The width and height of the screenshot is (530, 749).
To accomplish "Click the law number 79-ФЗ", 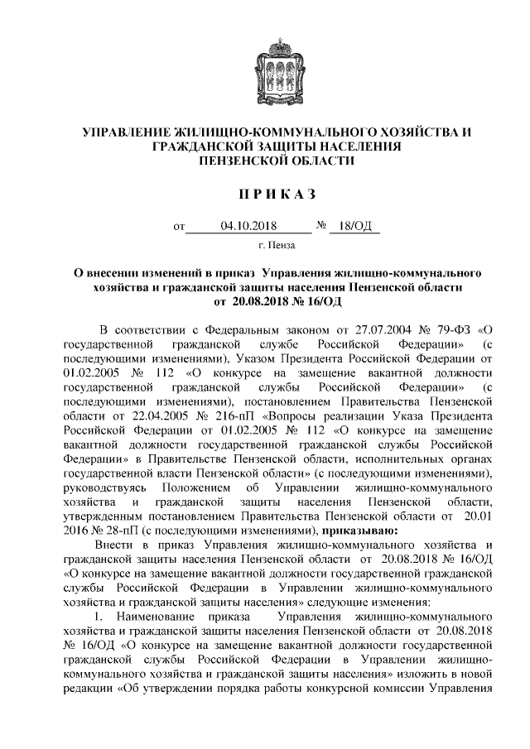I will tap(445, 330).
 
